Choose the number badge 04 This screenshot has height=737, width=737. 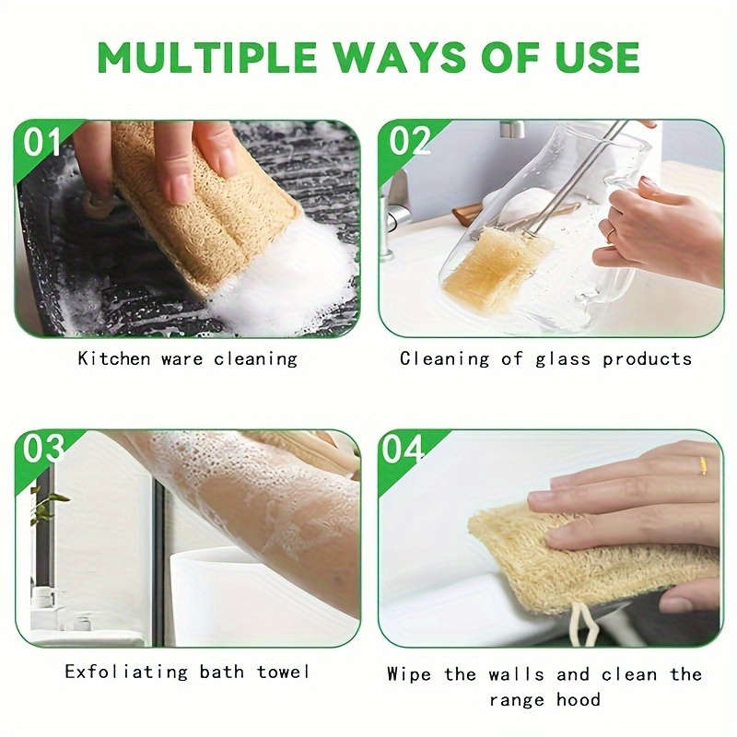405,450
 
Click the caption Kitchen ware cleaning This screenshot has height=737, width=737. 187,358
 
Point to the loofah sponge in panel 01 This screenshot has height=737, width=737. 198,203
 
